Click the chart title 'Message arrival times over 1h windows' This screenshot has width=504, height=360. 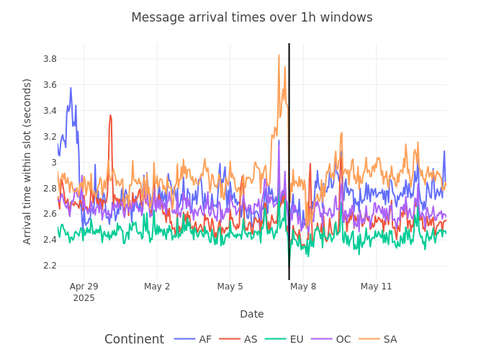pyautogui.click(x=252, y=17)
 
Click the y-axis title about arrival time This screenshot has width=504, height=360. pyautogui.click(x=27, y=161)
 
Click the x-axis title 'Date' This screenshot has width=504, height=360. pyautogui.click(x=252, y=314)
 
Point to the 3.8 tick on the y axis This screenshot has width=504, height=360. pyautogui.click(x=48, y=59)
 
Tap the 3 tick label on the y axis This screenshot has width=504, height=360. pyautogui.click(x=53, y=163)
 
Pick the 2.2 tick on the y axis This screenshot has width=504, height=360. pyautogui.click(x=48, y=266)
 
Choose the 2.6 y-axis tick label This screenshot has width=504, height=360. pyautogui.click(x=48, y=214)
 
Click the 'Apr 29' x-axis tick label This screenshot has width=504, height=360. pyautogui.click(x=84, y=287)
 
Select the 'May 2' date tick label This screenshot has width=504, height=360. pyautogui.click(x=157, y=287)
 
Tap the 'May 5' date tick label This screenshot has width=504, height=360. pyautogui.click(x=230, y=287)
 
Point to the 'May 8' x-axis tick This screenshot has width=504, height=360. pyautogui.click(x=303, y=287)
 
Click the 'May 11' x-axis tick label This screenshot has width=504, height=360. pyautogui.click(x=377, y=287)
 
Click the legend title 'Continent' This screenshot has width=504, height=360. pyautogui.click(x=134, y=339)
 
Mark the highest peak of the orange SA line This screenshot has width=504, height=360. pyautogui.click(x=279, y=55)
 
